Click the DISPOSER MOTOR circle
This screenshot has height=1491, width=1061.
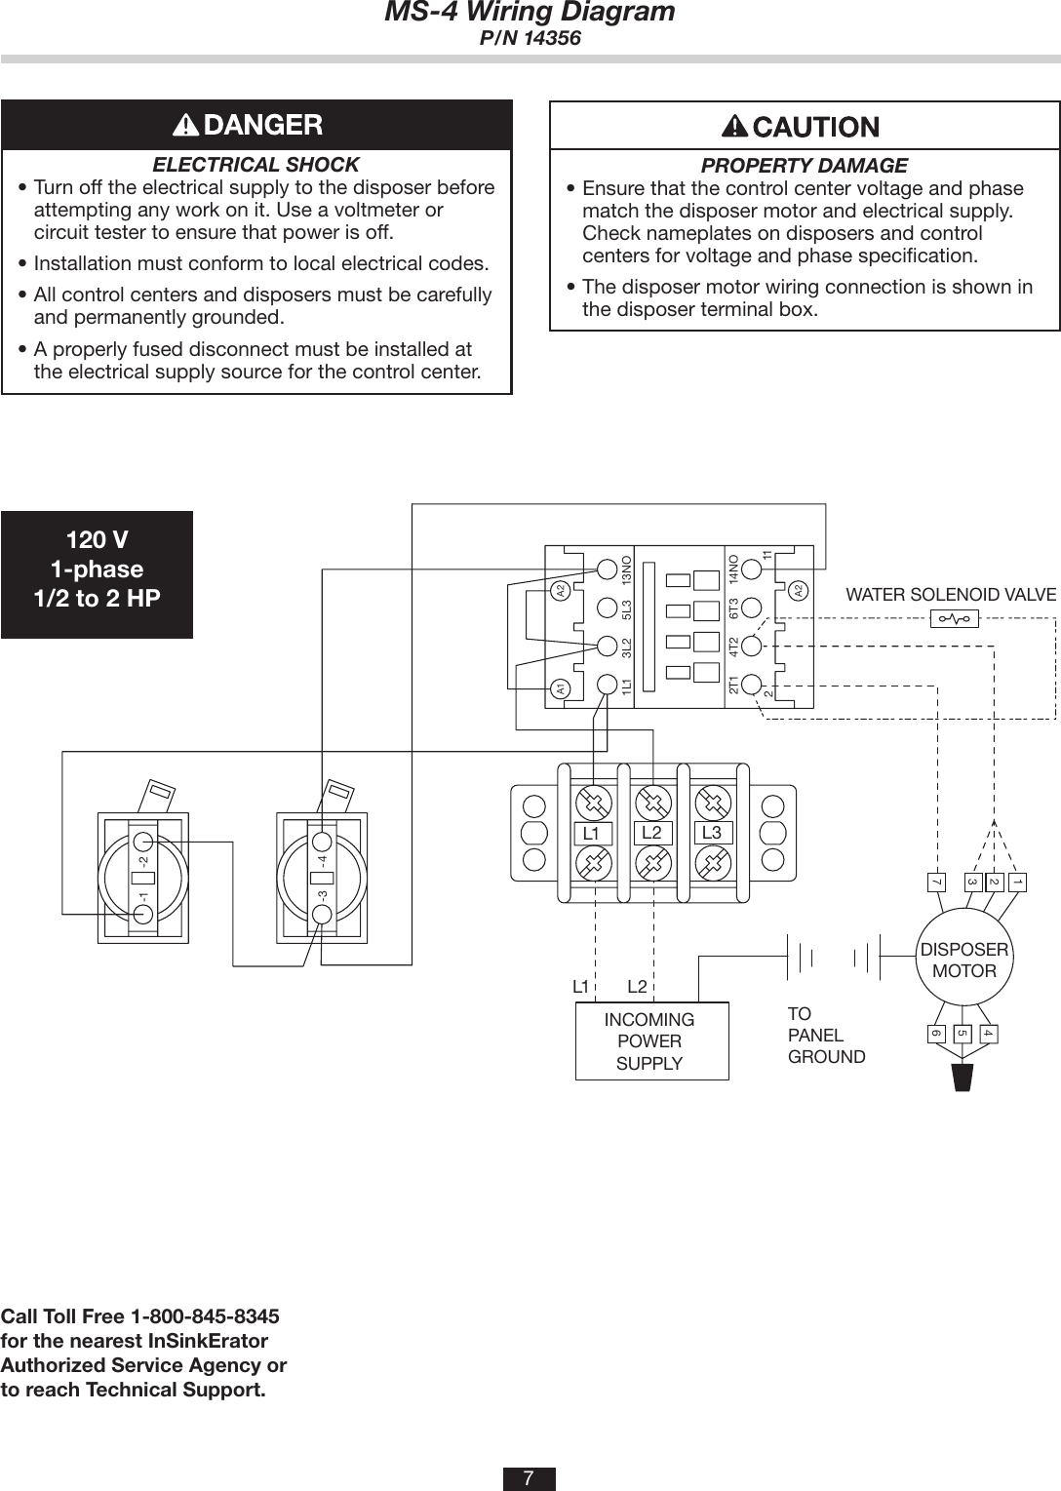964,960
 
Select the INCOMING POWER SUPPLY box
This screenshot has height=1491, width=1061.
650,1040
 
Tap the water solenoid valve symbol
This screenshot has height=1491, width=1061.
954,618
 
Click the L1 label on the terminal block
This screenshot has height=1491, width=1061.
591,834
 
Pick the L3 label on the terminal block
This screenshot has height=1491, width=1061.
712,833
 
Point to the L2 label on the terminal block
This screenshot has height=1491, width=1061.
651,832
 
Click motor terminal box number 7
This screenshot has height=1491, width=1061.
936,883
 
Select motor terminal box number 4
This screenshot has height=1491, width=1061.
988,1033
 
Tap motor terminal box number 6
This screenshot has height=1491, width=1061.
936,1033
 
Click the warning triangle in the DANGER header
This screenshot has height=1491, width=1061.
184,125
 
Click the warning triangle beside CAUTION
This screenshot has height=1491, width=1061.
734,127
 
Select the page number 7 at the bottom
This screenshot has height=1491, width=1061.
529,1478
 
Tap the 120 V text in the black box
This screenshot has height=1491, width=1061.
97,540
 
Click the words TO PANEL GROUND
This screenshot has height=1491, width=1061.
825,1035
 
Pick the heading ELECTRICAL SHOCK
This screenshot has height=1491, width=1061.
256,165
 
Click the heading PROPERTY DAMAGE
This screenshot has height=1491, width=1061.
805,166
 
